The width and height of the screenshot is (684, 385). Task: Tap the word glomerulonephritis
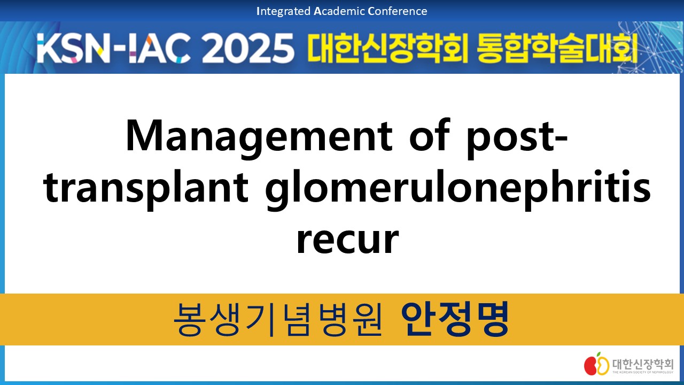[458, 190]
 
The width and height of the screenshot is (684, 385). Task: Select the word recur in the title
[348, 240]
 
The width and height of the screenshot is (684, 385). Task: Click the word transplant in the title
[146, 190]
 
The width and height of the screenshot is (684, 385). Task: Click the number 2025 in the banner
[247, 48]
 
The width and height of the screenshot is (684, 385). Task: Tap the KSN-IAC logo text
[113, 48]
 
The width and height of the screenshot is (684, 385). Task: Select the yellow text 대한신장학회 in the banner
[387, 48]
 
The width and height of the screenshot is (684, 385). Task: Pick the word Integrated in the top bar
[283, 11]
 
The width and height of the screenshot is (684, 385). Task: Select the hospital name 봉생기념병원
[277, 319]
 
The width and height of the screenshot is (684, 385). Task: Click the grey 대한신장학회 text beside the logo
[643, 364]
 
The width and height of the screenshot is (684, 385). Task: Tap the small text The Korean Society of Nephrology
[643, 372]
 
